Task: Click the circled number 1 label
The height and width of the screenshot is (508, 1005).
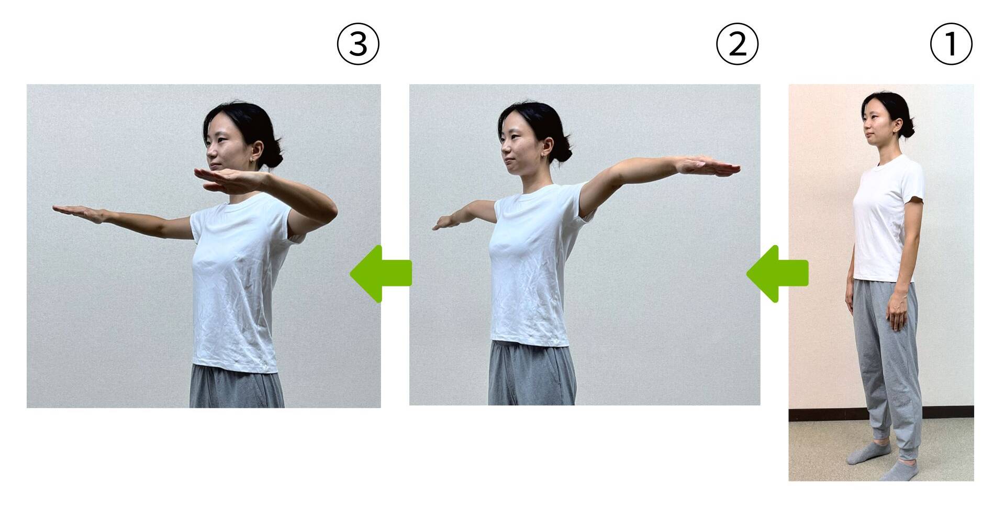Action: pos(951,45)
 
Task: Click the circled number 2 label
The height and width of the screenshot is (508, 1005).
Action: pos(737,45)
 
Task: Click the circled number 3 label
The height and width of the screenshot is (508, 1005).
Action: pos(358,45)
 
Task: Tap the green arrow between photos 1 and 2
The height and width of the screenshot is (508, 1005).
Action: pos(777,273)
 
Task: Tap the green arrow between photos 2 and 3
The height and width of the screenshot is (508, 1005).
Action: pos(381,273)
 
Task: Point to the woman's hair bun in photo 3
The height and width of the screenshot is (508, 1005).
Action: pos(274,158)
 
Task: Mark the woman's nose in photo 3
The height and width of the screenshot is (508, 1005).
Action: pos(210,151)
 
